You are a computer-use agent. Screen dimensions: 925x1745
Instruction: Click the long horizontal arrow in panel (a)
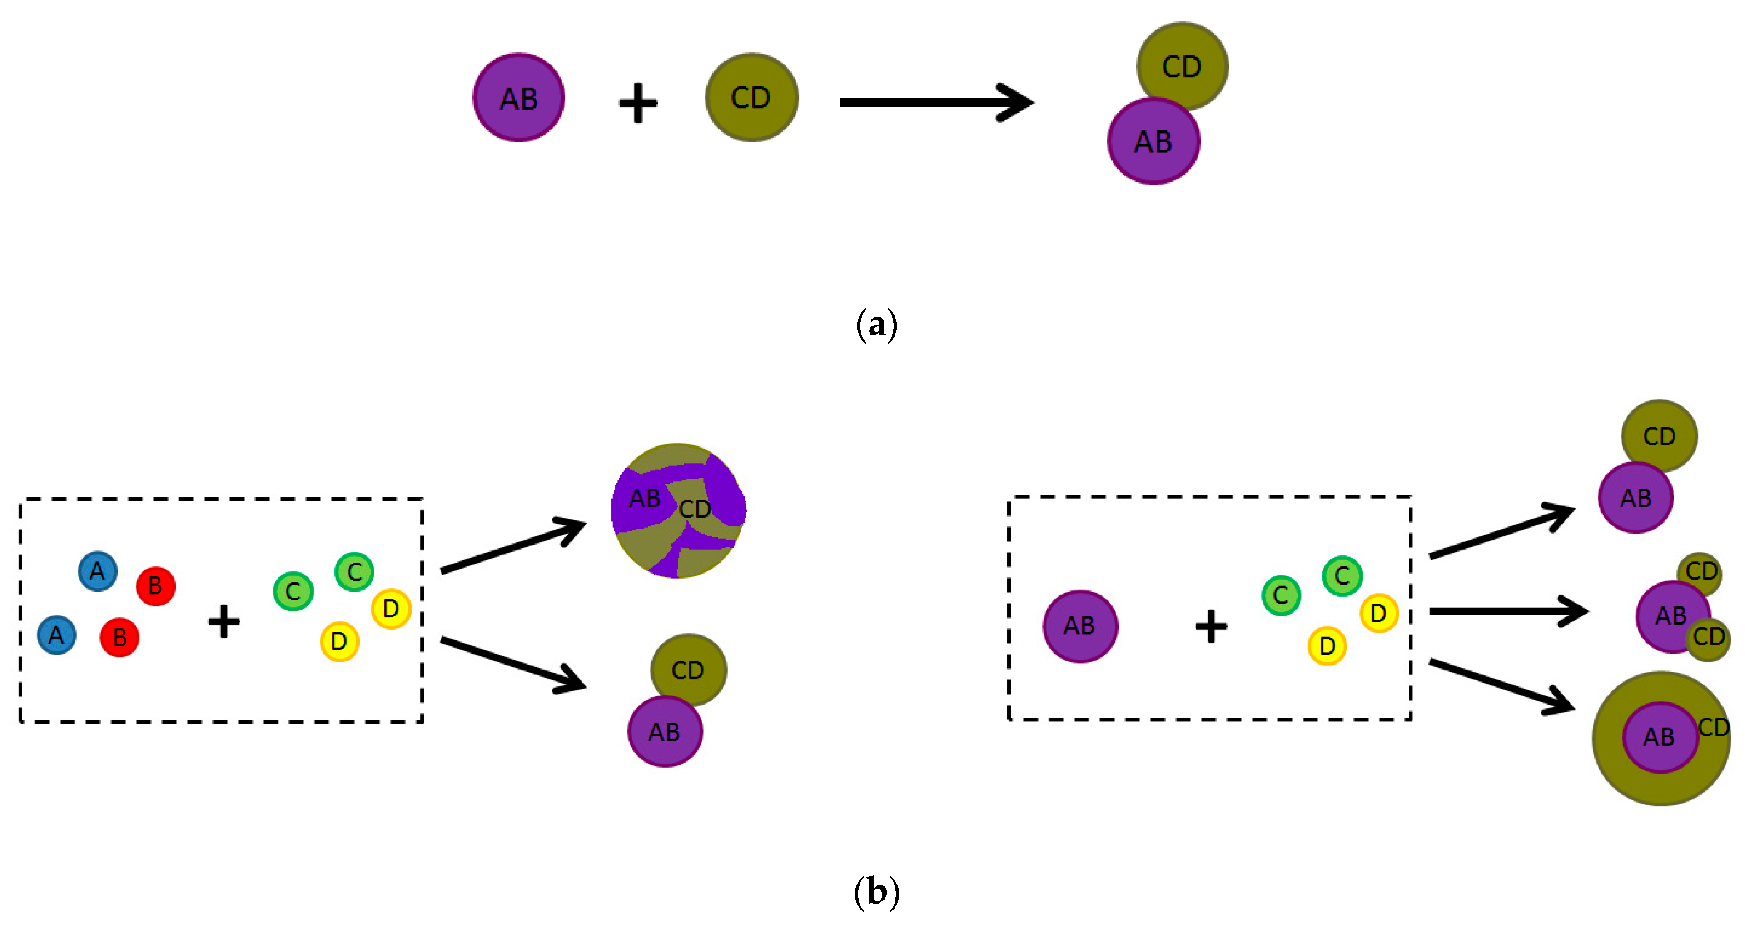[935, 102]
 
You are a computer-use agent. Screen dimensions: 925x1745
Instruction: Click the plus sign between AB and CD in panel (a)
[637, 103]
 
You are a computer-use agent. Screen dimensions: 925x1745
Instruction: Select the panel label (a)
[876, 325]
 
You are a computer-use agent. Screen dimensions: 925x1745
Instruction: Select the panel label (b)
[876, 892]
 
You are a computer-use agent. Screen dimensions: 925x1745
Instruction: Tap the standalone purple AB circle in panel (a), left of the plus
[519, 98]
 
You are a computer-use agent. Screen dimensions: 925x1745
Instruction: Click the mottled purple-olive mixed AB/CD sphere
[678, 510]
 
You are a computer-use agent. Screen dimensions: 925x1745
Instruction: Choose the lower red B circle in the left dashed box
[119, 637]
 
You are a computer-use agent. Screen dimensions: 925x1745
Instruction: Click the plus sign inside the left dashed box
[224, 621]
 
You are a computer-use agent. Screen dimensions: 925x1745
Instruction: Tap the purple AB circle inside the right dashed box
[1080, 625]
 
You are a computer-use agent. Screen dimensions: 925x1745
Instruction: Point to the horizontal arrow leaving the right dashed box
[1507, 611]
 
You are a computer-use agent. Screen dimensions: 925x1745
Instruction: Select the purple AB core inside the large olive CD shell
[1660, 737]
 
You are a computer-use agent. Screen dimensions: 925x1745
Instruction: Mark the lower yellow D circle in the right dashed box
[1327, 646]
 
